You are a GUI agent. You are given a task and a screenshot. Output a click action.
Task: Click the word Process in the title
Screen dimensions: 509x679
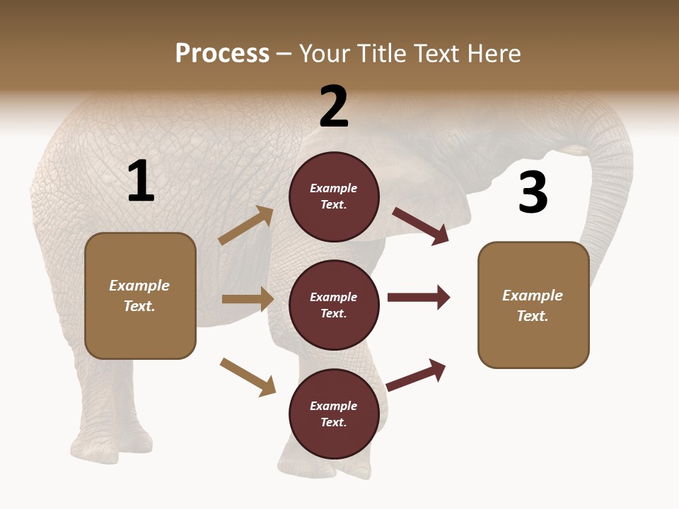[x=222, y=53]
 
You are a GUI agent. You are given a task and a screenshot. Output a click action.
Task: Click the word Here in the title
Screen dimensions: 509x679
[x=494, y=53]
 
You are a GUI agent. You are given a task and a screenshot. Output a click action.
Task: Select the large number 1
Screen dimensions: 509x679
[x=141, y=182]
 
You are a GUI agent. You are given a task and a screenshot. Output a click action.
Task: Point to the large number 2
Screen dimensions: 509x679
[x=334, y=106]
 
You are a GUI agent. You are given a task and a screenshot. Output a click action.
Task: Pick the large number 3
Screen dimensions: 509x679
[x=533, y=193]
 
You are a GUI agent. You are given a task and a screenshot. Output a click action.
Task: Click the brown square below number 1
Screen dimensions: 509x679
[x=140, y=296]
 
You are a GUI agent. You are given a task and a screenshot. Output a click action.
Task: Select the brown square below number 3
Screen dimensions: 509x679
[x=533, y=305]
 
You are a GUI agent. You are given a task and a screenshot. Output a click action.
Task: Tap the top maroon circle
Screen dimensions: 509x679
[x=334, y=197]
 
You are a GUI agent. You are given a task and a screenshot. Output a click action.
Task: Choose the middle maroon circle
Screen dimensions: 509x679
[x=334, y=305]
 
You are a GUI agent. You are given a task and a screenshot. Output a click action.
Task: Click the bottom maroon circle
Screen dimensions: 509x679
[x=334, y=414]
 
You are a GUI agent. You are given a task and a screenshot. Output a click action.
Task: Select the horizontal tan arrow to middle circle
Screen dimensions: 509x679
[x=248, y=299]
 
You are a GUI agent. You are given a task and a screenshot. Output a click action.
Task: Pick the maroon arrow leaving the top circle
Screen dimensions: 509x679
[x=420, y=226]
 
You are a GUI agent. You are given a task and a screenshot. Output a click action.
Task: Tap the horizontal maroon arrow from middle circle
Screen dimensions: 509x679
[x=419, y=298]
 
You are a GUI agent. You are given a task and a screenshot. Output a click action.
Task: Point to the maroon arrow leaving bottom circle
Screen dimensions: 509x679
[x=416, y=375]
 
